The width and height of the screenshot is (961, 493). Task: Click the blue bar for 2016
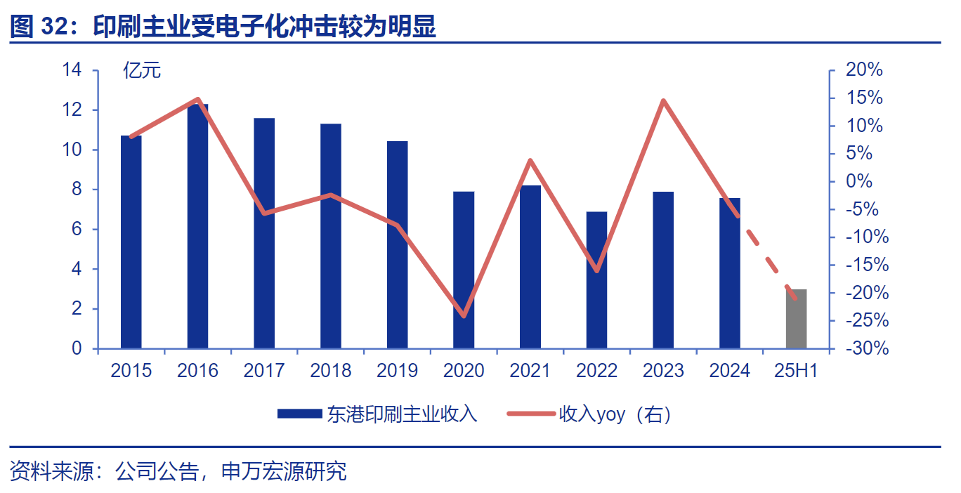click(x=197, y=226)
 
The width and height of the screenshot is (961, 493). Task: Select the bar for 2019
click(x=397, y=245)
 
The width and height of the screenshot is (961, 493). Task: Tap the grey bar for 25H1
click(x=796, y=319)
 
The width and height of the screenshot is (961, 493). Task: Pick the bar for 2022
click(x=596, y=280)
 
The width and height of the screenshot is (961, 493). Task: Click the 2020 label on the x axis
click(x=464, y=371)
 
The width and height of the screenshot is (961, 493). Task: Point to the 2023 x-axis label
click(x=663, y=371)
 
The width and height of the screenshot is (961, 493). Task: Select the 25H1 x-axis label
click(x=796, y=371)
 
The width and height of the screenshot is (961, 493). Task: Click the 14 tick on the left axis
click(x=72, y=70)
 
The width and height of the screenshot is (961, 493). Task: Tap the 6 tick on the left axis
click(x=77, y=229)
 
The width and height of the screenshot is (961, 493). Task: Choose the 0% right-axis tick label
click(x=868, y=181)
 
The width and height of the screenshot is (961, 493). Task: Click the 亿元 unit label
click(x=142, y=70)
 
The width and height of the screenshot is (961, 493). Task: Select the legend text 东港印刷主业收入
click(x=402, y=414)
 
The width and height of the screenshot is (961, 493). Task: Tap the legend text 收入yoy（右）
click(x=615, y=414)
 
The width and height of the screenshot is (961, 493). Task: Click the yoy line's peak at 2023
click(x=663, y=100)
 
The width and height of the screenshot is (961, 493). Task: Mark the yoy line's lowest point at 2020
click(x=464, y=316)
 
